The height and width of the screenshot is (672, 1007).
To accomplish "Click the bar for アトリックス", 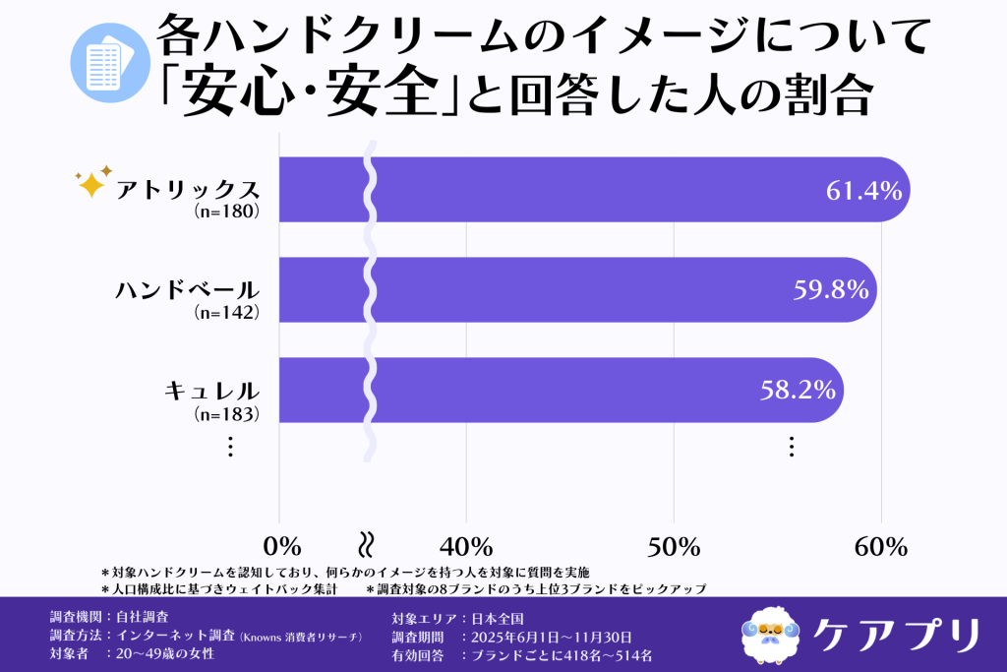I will [590, 190].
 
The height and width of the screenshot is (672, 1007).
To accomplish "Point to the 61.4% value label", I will [863, 191].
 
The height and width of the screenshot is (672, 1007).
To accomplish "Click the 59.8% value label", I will [830, 290].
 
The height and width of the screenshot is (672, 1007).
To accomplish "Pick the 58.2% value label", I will [798, 390].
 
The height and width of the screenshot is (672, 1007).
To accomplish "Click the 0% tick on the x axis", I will [282, 547].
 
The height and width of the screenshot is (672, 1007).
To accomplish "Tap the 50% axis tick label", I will [673, 547].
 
